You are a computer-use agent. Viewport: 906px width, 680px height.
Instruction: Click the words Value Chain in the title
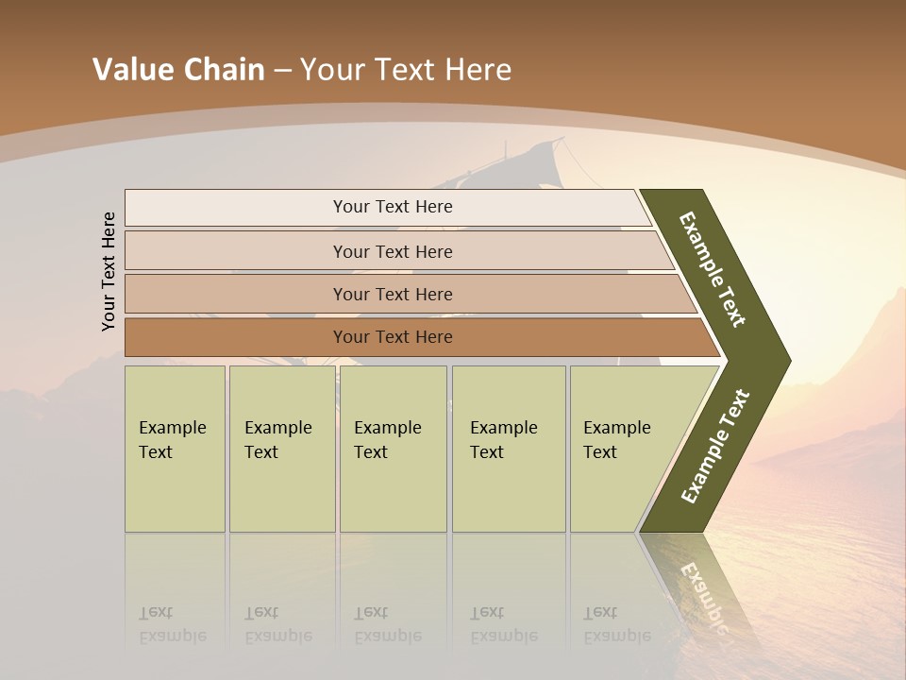pos(178,70)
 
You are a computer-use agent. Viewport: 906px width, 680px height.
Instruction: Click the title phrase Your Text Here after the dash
pos(406,70)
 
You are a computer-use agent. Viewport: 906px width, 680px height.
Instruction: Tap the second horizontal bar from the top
pos(393,251)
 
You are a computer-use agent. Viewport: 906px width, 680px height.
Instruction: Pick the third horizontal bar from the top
pos(393,294)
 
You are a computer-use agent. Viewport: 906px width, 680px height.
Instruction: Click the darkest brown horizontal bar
pos(393,337)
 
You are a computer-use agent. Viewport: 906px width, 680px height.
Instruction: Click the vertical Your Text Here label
pos(109,271)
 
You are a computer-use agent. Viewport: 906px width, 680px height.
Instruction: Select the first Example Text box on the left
pos(175,449)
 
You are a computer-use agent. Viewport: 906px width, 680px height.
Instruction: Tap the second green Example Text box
pos(281,449)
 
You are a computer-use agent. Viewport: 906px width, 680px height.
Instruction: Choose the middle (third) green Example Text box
pos(393,449)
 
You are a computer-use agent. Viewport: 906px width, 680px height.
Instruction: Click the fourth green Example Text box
pos(508,449)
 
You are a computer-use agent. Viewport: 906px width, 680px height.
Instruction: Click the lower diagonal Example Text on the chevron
pos(715,446)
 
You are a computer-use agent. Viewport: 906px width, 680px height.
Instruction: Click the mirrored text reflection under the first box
pos(173,624)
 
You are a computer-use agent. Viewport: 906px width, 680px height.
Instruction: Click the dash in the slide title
pos(282,70)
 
